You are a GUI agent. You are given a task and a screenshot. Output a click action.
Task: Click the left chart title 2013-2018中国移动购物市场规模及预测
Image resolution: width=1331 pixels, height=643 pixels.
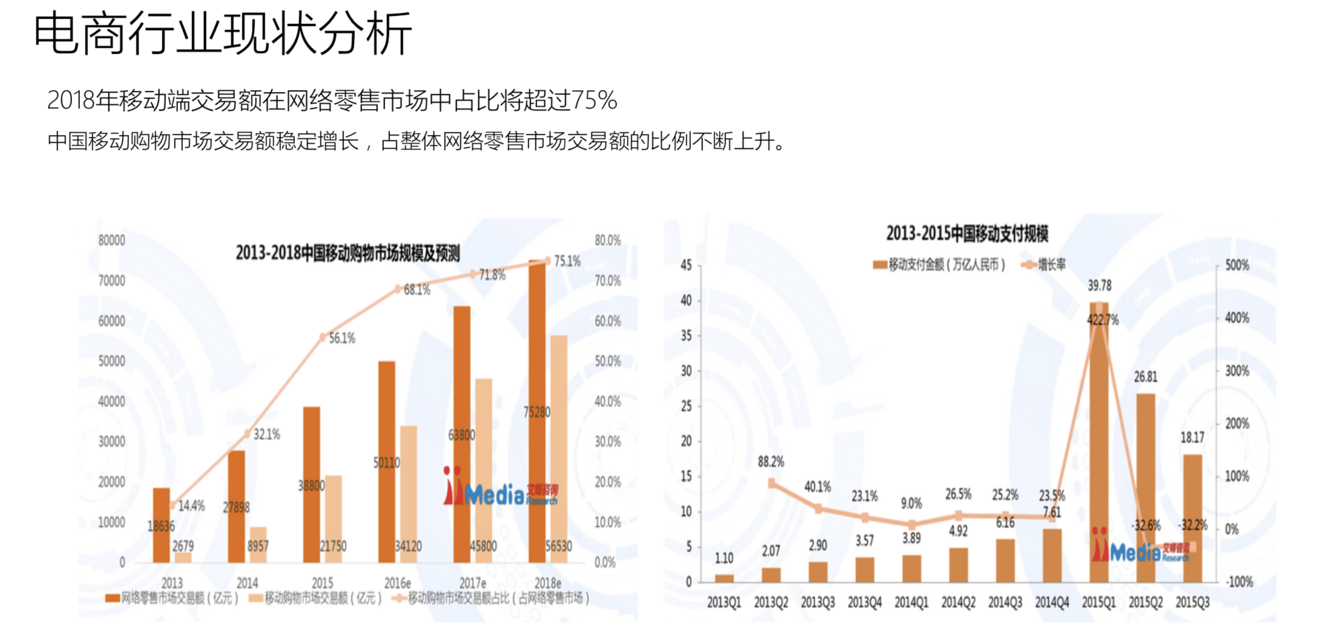pyautogui.click(x=348, y=253)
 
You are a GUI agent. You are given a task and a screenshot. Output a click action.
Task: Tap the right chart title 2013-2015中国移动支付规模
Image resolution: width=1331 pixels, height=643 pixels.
pyautogui.click(x=967, y=234)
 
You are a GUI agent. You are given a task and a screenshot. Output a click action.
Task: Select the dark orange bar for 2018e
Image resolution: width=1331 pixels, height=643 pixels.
pyautogui.click(x=537, y=412)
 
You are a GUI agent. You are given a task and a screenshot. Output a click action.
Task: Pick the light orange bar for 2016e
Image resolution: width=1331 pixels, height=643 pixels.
pyautogui.click(x=409, y=493)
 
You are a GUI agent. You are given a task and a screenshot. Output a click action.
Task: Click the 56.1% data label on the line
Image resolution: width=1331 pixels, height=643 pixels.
pyautogui.click(x=342, y=338)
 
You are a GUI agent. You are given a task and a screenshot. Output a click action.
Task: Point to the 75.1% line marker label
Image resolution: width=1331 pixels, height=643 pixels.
pyautogui.click(x=567, y=262)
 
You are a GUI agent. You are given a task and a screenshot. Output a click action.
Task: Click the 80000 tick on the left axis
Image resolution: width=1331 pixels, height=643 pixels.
pyautogui.click(x=111, y=240)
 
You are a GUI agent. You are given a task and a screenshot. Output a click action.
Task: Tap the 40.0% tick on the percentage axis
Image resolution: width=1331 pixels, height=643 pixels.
pyautogui.click(x=607, y=401)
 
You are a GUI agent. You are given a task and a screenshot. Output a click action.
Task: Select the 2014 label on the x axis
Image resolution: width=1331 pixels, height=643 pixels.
pyautogui.click(x=247, y=583)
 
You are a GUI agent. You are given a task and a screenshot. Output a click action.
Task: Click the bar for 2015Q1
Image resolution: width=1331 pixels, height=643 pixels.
pyautogui.click(x=1098, y=442)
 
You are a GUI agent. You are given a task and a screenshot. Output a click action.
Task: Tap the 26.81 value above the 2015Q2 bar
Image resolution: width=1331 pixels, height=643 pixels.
pyautogui.click(x=1145, y=377)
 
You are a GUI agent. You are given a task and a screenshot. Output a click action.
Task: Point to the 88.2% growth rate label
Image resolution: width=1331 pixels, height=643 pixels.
pyautogui.click(x=770, y=462)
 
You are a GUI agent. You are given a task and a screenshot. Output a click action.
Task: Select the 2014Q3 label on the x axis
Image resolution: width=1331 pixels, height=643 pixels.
pyautogui.click(x=1005, y=602)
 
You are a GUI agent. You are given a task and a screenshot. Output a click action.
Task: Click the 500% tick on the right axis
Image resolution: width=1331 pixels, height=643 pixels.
pyautogui.click(x=1237, y=265)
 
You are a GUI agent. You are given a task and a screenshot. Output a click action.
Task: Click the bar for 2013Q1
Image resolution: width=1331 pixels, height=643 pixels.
pyautogui.click(x=724, y=578)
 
